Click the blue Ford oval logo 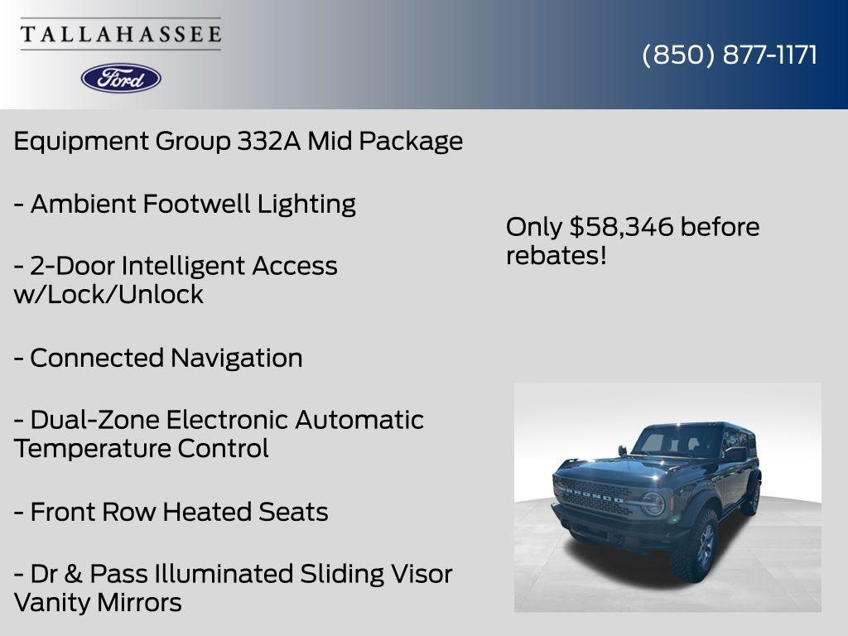pyautogui.click(x=121, y=78)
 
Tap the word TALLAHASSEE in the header pyautogui.click(x=121, y=35)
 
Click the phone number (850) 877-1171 pyautogui.click(x=729, y=55)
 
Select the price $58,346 pyautogui.click(x=610, y=227)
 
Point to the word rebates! pyautogui.click(x=556, y=256)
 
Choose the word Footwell pyautogui.click(x=196, y=204)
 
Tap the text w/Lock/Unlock pyautogui.click(x=108, y=295)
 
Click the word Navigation pyautogui.click(x=236, y=359)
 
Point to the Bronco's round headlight pyautogui.click(x=653, y=504)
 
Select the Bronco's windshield pyautogui.click(x=677, y=442)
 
